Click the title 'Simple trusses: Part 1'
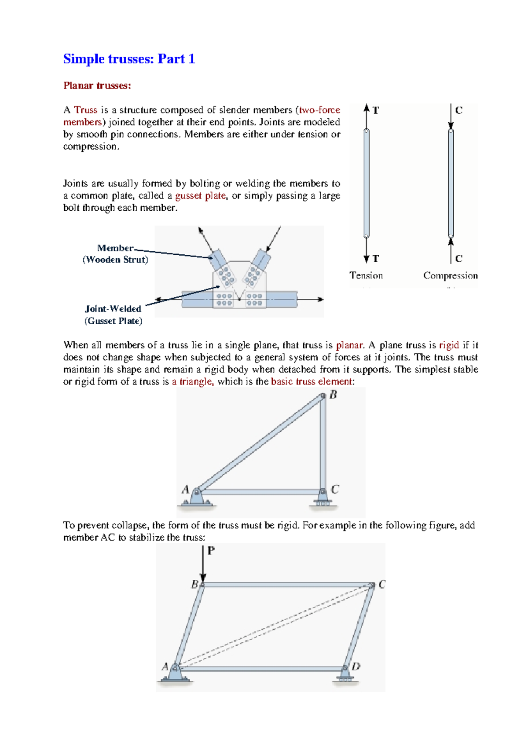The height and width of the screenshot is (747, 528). click(x=129, y=59)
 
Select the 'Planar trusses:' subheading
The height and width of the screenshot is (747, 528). click(x=97, y=85)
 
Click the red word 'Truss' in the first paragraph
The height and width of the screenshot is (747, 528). click(x=85, y=110)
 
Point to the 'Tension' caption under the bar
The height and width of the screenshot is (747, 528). click(x=366, y=276)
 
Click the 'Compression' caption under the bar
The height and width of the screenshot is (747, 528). click(x=450, y=276)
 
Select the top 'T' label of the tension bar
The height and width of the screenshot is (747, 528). click(x=376, y=111)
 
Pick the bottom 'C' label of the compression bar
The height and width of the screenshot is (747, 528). click(x=459, y=259)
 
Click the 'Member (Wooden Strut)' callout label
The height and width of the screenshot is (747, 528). click(x=115, y=254)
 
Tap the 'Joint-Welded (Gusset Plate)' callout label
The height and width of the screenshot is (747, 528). click(x=114, y=315)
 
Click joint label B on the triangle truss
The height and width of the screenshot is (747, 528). click(x=333, y=395)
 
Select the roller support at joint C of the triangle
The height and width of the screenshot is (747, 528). click(x=323, y=500)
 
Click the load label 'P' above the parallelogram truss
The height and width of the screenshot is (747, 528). click(x=211, y=550)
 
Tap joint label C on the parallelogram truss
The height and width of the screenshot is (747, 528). click(x=381, y=584)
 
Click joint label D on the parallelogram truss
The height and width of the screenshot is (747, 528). click(x=356, y=666)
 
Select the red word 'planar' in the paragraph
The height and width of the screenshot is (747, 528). click(x=349, y=345)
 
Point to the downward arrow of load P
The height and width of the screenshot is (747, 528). click(x=203, y=565)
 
